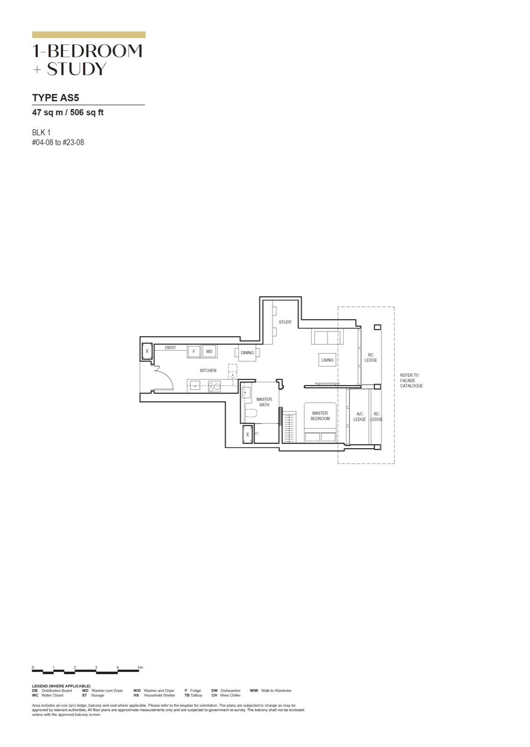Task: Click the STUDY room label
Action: click(285, 322)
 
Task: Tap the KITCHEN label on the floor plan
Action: click(208, 371)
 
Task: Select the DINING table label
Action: click(247, 353)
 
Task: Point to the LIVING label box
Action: click(327, 360)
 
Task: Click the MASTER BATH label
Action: click(264, 402)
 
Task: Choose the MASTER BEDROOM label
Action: click(320, 416)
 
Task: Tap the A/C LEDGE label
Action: click(359, 416)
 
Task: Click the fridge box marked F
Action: click(193, 352)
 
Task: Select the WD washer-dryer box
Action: click(209, 352)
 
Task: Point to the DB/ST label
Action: click(170, 347)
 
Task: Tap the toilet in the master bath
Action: click(251, 414)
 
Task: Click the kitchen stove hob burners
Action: click(214, 387)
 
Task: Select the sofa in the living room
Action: click(327, 337)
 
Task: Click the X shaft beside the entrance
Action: click(147, 351)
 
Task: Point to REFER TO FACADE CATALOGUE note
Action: click(411, 381)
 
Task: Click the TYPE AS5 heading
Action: click(56, 98)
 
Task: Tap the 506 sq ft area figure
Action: click(87, 113)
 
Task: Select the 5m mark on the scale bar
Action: click(140, 668)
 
